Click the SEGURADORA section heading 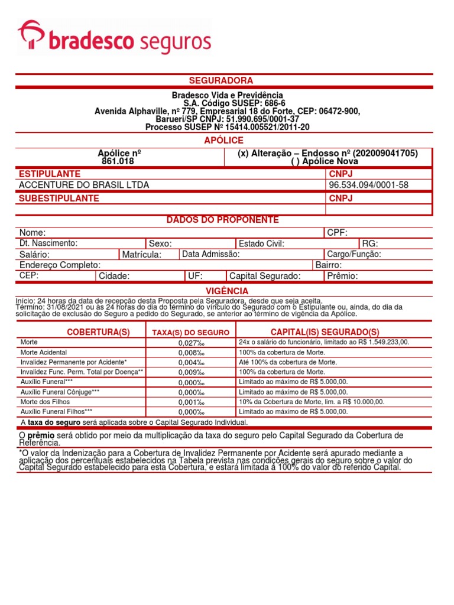(220, 80)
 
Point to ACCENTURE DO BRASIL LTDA (84, 186)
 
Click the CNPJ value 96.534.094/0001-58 (368, 186)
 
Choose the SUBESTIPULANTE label (59, 199)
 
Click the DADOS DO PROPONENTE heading (222, 220)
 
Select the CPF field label (338, 233)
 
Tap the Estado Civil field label (261, 243)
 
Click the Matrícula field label (142, 255)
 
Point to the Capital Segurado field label (265, 276)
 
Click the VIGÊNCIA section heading (226, 291)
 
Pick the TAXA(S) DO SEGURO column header (190, 333)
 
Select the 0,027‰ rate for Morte (191, 343)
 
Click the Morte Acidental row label (44, 352)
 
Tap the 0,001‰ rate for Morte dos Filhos (191, 402)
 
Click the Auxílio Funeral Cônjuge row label (60, 392)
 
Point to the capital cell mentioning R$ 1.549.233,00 (324, 342)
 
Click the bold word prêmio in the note (41, 436)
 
